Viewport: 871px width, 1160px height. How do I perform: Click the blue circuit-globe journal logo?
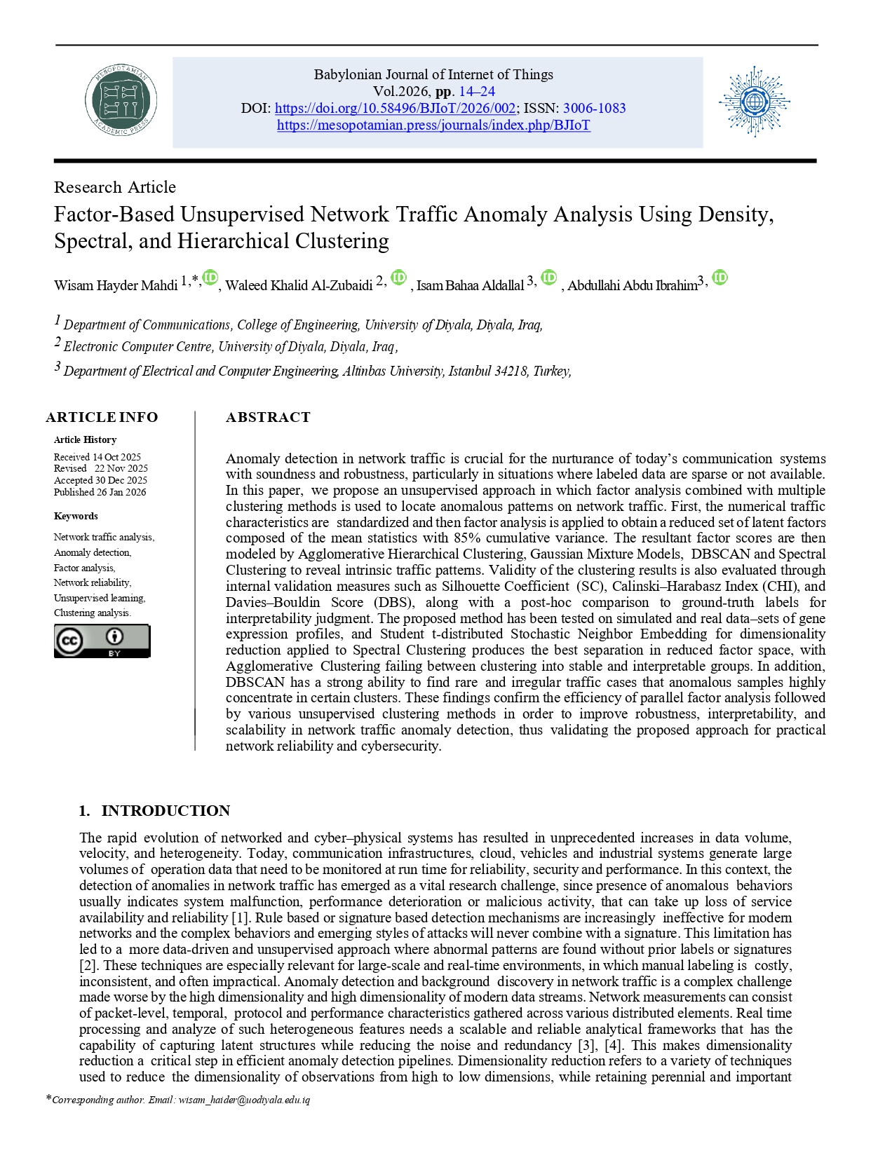pos(754,102)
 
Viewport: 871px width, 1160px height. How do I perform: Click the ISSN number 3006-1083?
pos(594,109)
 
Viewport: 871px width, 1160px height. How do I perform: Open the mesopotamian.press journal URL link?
pos(433,125)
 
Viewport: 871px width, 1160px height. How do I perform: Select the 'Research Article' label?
pos(115,187)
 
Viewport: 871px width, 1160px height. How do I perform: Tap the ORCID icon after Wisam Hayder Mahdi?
pos(210,278)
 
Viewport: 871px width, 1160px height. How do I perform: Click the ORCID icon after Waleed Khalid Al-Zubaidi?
pos(398,278)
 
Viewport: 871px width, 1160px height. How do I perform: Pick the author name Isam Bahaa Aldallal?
pos(470,285)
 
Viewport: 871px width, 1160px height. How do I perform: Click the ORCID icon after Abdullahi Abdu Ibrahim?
pos(720,278)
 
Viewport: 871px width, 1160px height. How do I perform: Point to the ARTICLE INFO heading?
pos(102,417)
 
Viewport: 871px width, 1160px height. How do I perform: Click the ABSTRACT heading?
pos(268,417)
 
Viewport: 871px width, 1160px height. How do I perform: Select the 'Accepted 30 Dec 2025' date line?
pos(100,480)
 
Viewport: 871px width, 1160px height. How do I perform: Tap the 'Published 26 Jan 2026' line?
pos(100,492)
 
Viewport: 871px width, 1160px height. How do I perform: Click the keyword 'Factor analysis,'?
pos(84,568)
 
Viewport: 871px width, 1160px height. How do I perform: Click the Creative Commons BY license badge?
pos(102,641)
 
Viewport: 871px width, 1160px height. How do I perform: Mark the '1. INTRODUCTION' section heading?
pos(154,810)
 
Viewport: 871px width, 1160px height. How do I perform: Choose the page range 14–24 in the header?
pos(477,92)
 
